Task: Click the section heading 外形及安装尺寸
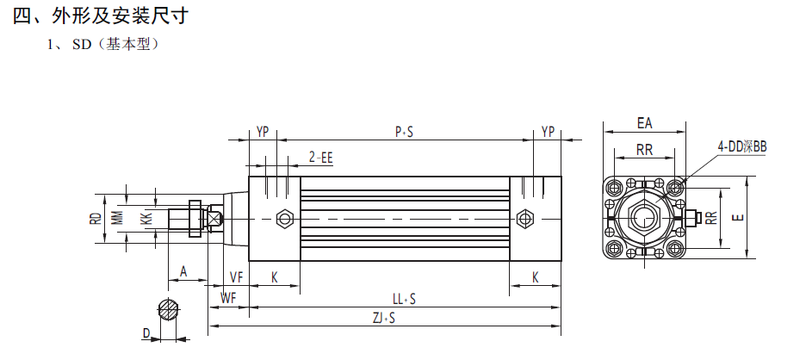pos(121,16)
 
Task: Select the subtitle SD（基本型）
pos(115,44)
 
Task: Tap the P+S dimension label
pos(404,132)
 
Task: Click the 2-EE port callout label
pos(320,158)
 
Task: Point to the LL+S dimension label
pos(404,299)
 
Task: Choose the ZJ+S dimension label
pos(384,318)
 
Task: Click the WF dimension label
pos(228,298)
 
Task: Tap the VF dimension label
pos(236,277)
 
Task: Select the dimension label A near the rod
pos(183,271)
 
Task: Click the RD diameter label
pos(95,219)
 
